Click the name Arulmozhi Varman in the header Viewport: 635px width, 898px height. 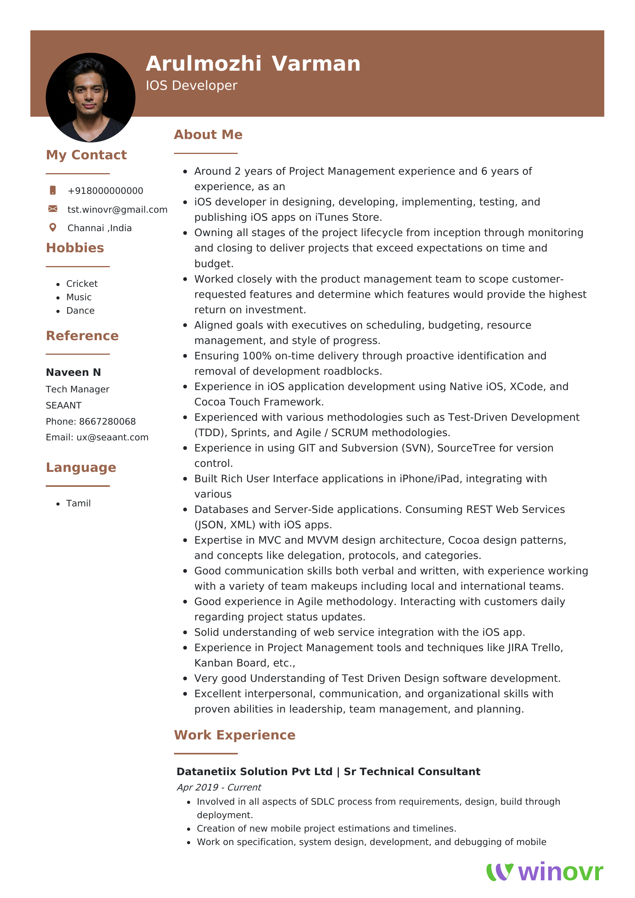tap(253, 64)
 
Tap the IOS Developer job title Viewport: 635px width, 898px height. tap(191, 86)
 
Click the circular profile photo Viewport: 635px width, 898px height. tap(90, 98)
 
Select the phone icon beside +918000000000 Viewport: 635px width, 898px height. tap(53, 190)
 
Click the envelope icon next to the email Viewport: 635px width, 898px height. tap(53, 209)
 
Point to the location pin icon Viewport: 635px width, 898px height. tap(53, 228)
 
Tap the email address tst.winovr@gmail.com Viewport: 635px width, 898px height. tap(118, 210)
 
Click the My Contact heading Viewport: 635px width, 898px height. tap(86, 155)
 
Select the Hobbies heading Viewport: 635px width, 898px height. tap(75, 248)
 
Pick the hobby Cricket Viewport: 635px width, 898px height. tap(82, 284)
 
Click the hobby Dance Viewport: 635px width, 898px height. tap(80, 311)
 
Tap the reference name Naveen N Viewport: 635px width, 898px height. tap(73, 372)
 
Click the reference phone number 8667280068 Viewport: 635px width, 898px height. tap(107, 422)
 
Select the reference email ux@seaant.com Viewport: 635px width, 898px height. tap(112, 437)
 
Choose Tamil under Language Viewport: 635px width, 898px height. tap(78, 503)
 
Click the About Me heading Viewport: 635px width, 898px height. tap(208, 134)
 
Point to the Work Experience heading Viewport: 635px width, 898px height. tap(234, 735)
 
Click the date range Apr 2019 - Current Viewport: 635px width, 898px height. tap(219, 787)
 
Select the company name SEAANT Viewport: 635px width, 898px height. tap(63, 405)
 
